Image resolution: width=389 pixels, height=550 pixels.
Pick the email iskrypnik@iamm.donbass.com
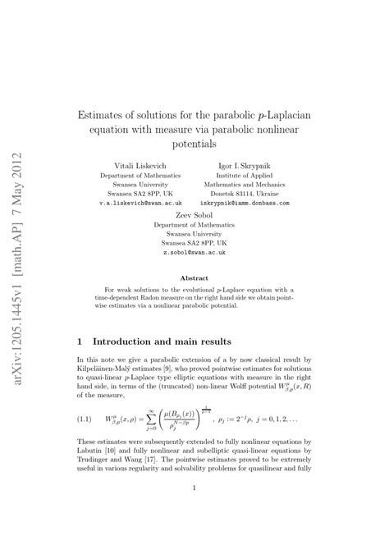click(x=257, y=199)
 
